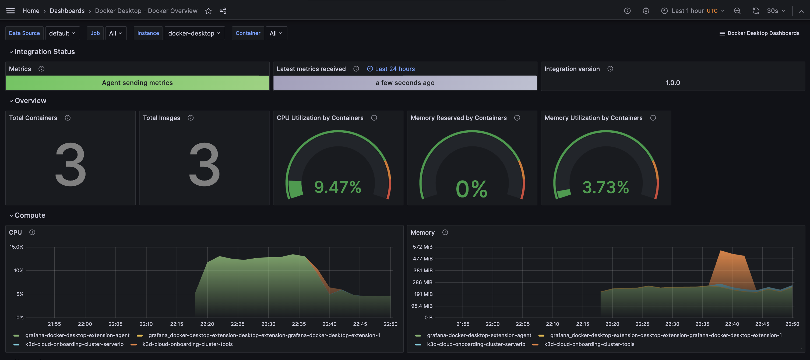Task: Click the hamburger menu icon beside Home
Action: (x=10, y=11)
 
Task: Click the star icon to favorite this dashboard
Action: (x=208, y=11)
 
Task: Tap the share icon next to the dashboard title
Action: (x=223, y=11)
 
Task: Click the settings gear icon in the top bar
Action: (x=646, y=11)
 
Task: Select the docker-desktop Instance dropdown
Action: (x=194, y=33)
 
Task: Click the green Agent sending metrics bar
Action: (x=138, y=83)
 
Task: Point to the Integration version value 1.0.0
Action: (x=672, y=83)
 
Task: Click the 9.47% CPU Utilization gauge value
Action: (x=338, y=187)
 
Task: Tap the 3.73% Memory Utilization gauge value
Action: (x=605, y=187)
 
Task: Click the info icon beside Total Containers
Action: (x=68, y=118)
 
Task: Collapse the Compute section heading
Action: (x=30, y=215)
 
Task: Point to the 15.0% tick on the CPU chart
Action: (x=16, y=247)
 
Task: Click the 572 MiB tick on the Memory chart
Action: (x=422, y=247)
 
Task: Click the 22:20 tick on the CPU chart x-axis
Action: (x=207, y=324)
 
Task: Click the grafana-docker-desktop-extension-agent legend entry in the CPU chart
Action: (x=77, y=336)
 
